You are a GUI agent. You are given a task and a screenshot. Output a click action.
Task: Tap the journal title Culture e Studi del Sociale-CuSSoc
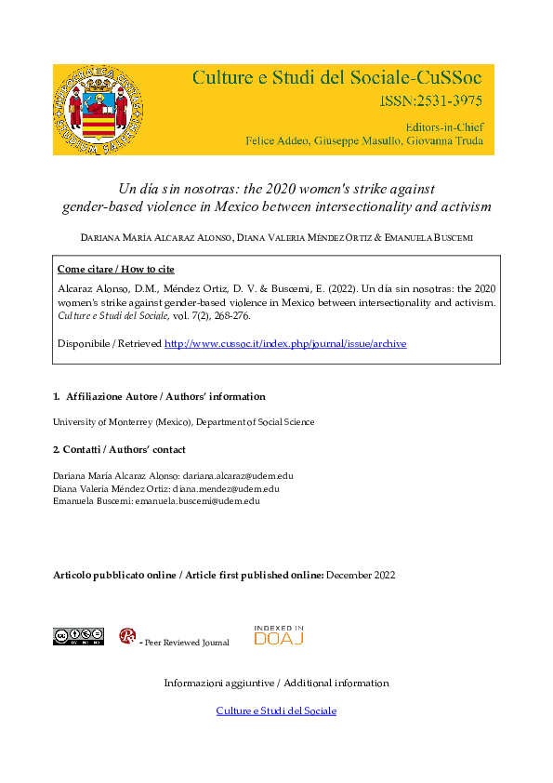pyautogui.click(x=342, y=77)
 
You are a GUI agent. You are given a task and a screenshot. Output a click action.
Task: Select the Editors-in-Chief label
pyautogui.click(x=444, y=126)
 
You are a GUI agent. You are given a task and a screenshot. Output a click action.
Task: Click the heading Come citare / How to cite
pyautogui.click(x=115, y=269)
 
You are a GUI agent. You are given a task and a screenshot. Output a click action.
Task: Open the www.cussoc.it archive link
pyautogui.click(x=285, y=343)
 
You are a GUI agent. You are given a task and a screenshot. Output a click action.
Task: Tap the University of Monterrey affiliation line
pyautogui.click(x=183, y=421)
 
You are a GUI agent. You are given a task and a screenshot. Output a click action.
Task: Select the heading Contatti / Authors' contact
pyautogui.click(x=119, y=450)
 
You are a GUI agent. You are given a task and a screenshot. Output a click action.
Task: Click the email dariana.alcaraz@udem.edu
pyautogui.click(x=239, y=476)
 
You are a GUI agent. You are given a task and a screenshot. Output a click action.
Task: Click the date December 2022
pyautogui.click(x=361, y=575)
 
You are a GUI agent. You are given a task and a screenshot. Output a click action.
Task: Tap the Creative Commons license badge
pyautogui.click(x=78, y=636)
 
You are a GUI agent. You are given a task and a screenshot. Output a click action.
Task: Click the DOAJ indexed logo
pyautogui.click(x=279, y=635)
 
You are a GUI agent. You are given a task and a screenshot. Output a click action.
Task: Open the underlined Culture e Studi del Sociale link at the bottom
pyautogui.click(x=276, y=710)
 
